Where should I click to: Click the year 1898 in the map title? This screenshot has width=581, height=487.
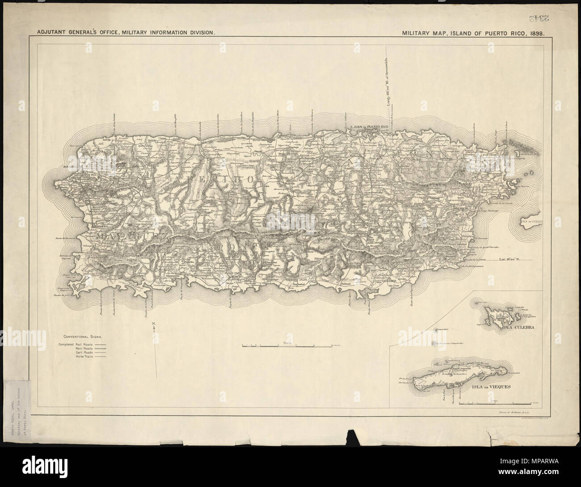tap(535, 46)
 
